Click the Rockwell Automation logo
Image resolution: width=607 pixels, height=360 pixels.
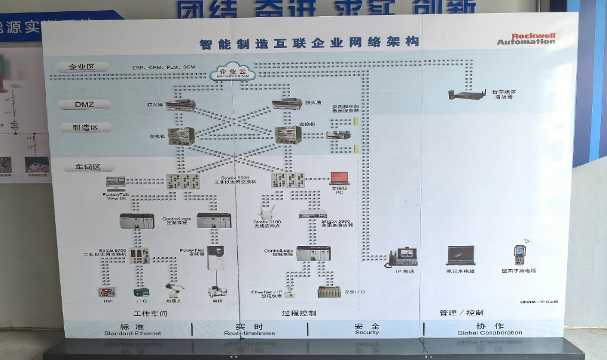(526, 39)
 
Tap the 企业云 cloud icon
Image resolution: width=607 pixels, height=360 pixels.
(232, 72)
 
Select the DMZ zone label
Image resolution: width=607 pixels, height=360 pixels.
(84, 104)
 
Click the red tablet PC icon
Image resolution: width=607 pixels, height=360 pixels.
(339, 179)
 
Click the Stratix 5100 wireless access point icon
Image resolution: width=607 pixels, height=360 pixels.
(265, 212)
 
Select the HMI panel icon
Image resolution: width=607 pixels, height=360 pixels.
(107, 292)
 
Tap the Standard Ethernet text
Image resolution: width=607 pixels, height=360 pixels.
(132, 333)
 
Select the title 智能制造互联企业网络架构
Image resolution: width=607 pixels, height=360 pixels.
(309, 42)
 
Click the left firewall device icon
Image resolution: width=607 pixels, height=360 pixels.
(180, 105)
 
